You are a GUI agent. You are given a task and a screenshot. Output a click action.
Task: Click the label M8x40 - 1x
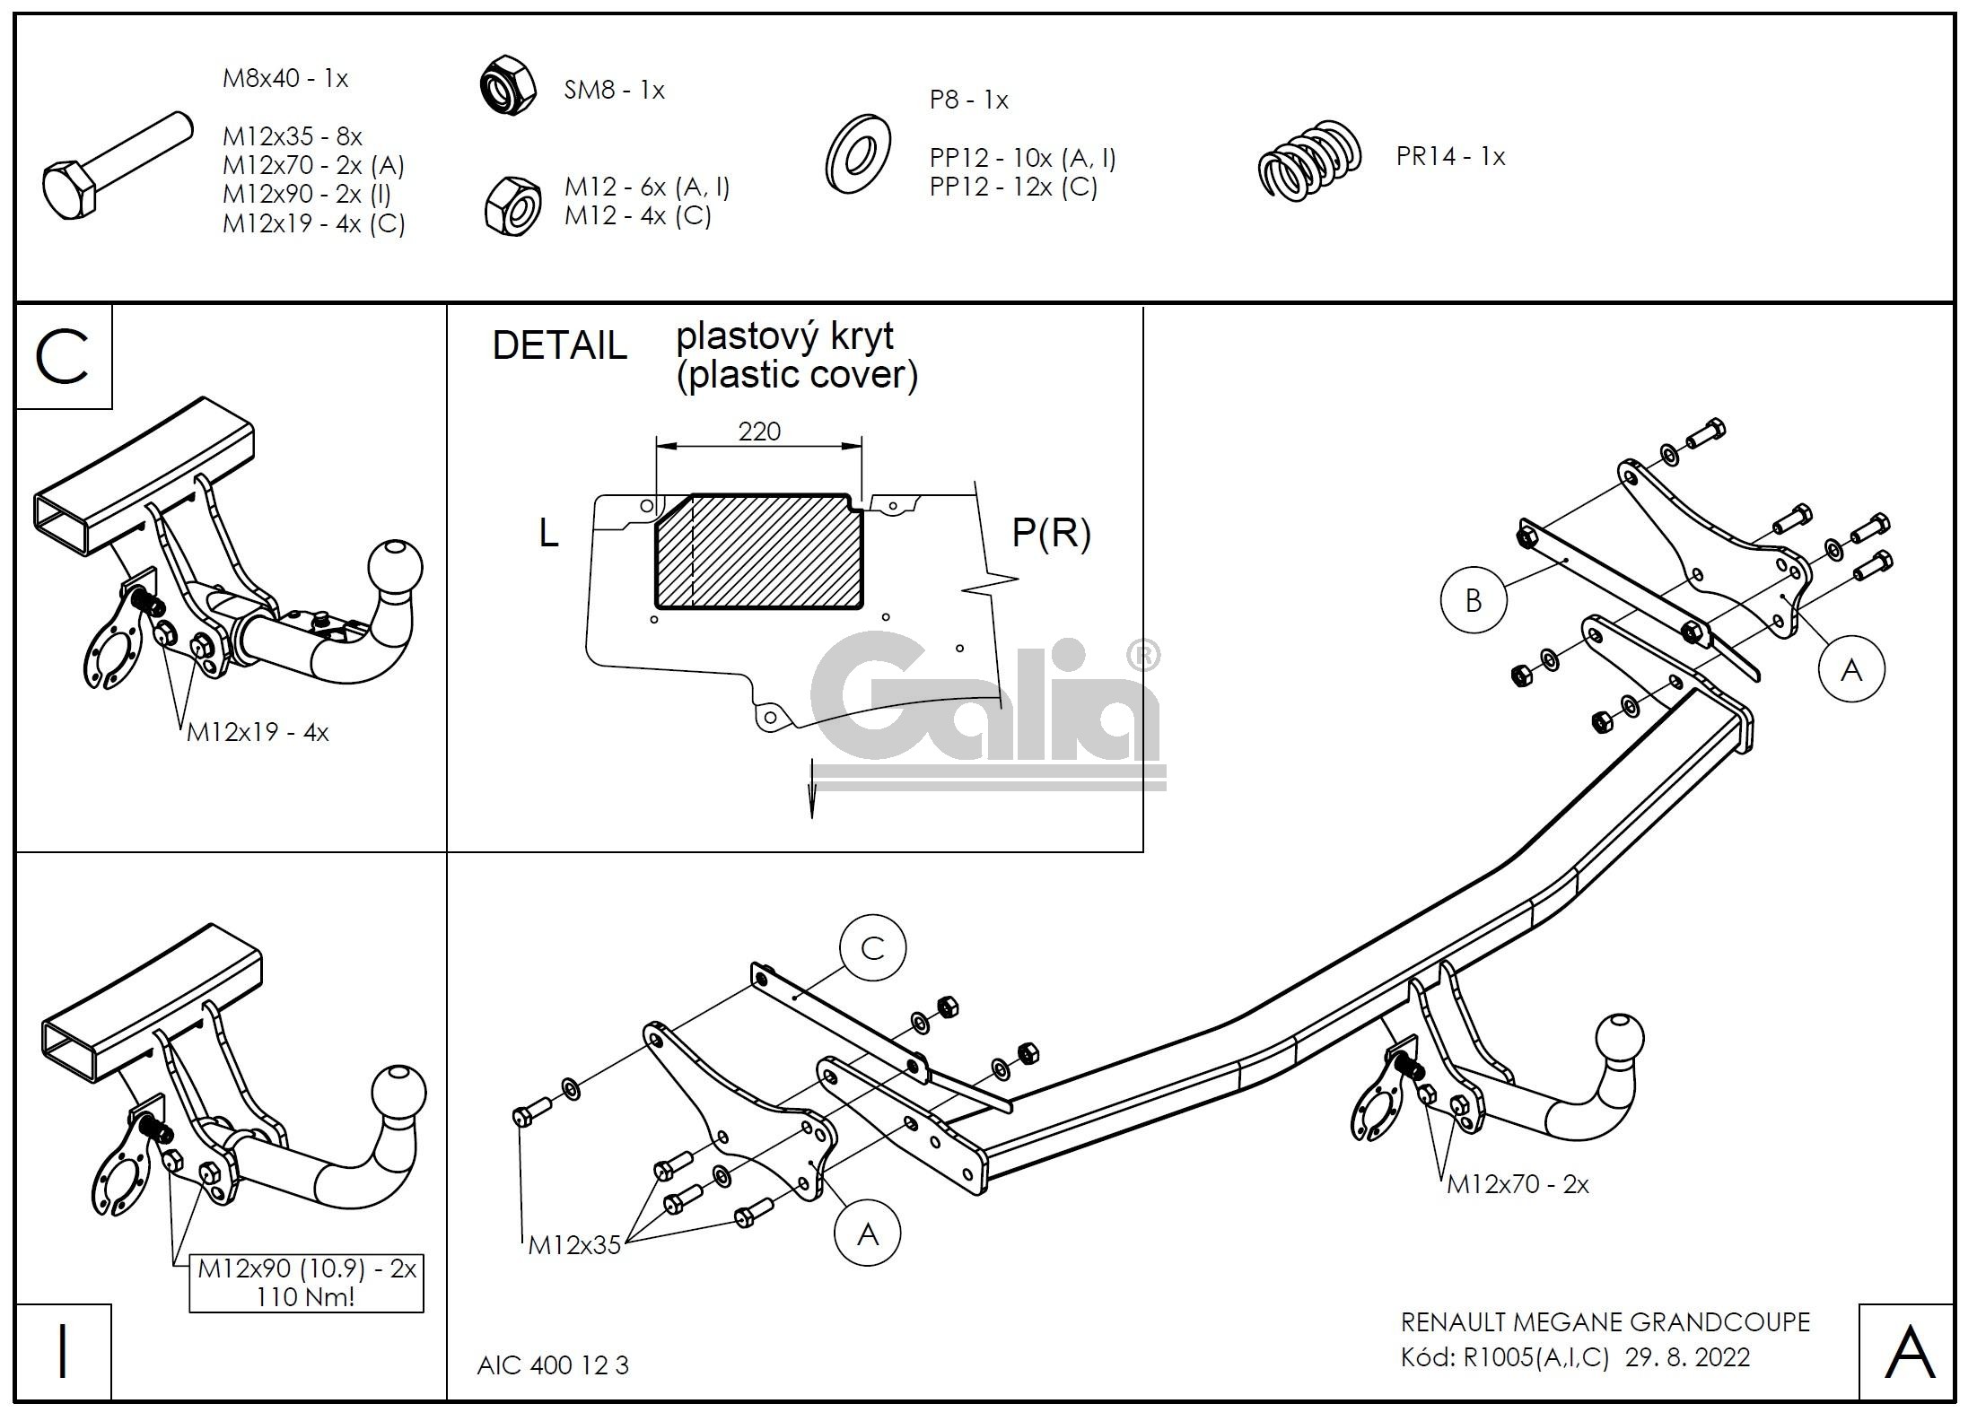[x=284, y=79]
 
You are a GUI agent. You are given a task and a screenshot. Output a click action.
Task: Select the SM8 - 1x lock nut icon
[x=507, y=87]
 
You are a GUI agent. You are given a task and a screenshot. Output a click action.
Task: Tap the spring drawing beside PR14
[x=1309, y=161]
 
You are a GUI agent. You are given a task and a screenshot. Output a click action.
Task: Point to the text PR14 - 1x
[x=1450, y=157]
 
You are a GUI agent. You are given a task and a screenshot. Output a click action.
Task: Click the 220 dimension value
[x=759, y=432]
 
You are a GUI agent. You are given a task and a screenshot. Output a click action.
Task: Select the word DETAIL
[x=559, y=346]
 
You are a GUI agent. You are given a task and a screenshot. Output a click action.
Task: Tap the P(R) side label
[x=1051, y=533]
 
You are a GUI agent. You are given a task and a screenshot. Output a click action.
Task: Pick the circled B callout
[x=1474, y=600]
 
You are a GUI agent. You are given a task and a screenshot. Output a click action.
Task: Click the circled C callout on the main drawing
[x=872, y=948]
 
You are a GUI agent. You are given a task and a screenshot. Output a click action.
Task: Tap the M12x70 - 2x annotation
[x=1518, y=1185]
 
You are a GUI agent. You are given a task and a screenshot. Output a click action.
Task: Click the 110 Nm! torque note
[x=305, y=1297]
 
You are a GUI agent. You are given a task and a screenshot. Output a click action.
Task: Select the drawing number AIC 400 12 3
[x=553, y=1365]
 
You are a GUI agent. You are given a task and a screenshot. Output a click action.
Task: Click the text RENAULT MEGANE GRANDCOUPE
[x=1605, y=1322]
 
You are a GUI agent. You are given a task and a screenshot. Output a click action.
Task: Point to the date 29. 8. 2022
[x=1687, y=1357]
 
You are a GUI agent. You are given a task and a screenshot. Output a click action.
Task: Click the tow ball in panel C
[x=395, y=568]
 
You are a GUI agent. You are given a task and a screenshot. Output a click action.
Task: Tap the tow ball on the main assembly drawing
[x=1620, y=1042]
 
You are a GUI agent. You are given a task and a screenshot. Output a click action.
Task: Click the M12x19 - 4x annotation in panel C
[x=258, y=733]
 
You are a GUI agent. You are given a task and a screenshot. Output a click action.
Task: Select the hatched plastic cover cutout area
[x=759, y=551]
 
